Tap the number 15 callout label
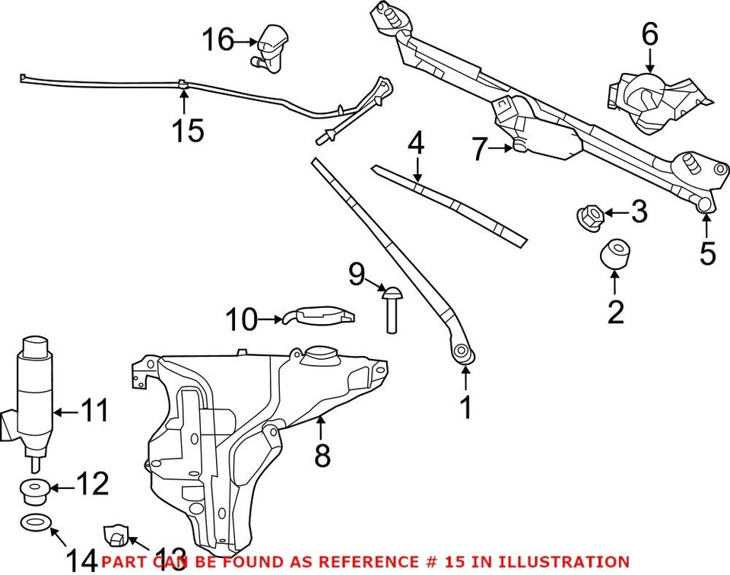point(187,131)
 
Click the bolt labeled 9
point(392,307)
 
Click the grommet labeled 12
point(34,491)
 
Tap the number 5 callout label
point(708,253)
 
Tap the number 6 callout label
point(649,34)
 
